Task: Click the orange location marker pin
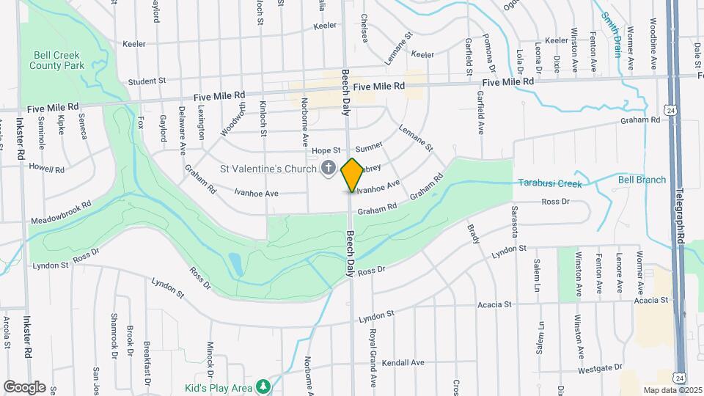pos(352,175)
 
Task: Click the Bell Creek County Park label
pos(58,60)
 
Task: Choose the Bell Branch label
pos(642,180)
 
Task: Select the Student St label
pos(147,81)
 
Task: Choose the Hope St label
pos(326,150)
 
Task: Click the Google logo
pos(24,386)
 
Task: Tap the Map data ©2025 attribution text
pos(672,390)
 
